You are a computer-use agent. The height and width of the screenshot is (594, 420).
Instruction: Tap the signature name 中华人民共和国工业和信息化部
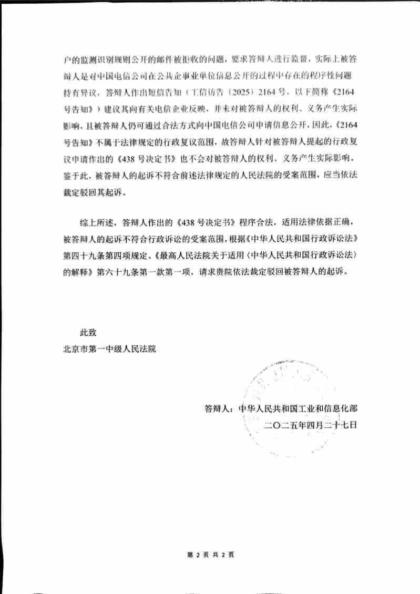tap(298, 408)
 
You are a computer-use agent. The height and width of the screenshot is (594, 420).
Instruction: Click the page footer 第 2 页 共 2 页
tap(210, 554)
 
